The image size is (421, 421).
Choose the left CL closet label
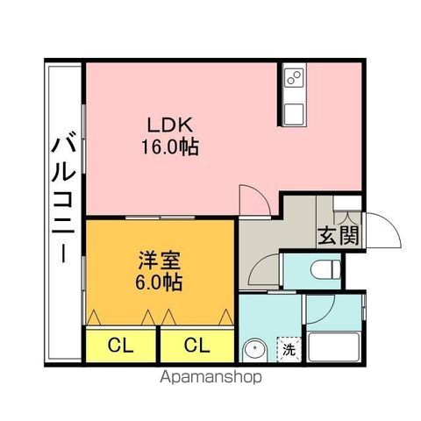coord(121,345)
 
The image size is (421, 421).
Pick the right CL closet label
coord(196,345)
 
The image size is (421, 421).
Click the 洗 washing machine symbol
coord(288,349)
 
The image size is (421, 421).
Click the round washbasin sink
coord(255,351)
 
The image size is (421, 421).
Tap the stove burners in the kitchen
coord(292,81)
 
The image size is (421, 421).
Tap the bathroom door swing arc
coord(318,309)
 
